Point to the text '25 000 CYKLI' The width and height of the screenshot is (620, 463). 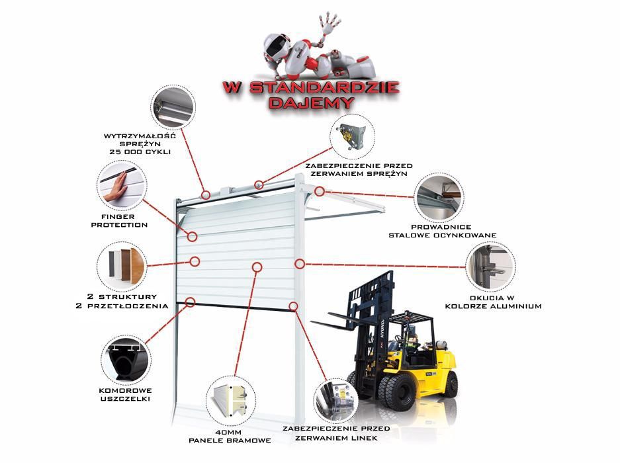click(140, 152)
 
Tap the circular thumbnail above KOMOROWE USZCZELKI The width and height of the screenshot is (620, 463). click(125, 359)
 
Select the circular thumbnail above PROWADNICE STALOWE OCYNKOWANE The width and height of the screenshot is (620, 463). click(439, 197)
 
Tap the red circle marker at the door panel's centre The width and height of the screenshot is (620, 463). click(257, 266)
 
